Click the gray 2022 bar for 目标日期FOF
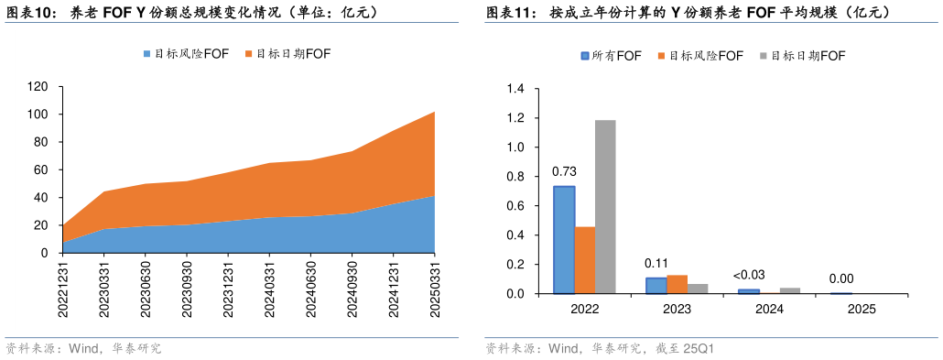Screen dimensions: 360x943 coord(605,207)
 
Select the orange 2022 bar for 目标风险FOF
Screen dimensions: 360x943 coord(584,260)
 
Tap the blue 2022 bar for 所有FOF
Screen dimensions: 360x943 coord(564,240)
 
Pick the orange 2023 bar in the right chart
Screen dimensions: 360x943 coord(677,284)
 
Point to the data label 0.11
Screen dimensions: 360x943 coord(656,263)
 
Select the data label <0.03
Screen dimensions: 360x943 coord(749,275)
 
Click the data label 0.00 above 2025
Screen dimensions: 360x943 coord(841,278)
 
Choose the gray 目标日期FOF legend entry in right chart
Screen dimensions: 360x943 coord(802,56)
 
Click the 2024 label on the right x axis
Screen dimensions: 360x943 coord(769,310)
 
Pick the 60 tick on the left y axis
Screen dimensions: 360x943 coord(41,169)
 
